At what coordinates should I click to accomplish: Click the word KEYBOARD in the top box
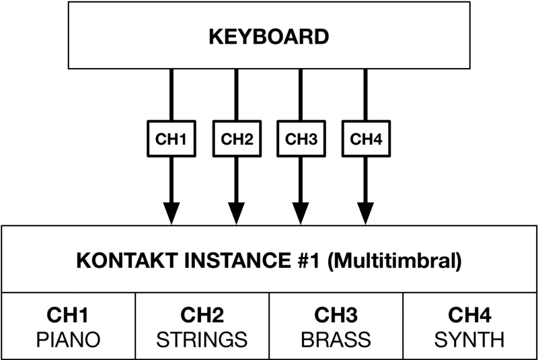(269, 37)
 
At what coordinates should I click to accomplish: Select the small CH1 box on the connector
(171, 139)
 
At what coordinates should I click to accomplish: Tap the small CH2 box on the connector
(237, 139)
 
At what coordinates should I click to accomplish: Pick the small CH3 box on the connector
(301, 139)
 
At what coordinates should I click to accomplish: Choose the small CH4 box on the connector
(366, 139)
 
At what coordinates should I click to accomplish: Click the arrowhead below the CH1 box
(171, 213)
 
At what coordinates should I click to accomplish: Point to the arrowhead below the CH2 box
(237, 213)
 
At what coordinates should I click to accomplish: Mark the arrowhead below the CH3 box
(301, 213)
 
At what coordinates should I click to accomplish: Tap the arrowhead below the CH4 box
(366, 213)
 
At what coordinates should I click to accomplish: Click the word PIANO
(68, 340)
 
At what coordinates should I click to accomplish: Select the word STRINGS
(202, 340)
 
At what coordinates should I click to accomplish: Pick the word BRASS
(336, 340)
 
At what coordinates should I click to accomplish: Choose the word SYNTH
(469, 340)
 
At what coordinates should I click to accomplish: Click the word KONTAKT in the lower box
(126, 260)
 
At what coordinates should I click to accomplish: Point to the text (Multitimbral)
(395, 261)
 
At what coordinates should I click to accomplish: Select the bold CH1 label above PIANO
(68, 315)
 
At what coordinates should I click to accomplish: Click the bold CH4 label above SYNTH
(469, 315)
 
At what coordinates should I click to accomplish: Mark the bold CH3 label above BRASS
(336, 315)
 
